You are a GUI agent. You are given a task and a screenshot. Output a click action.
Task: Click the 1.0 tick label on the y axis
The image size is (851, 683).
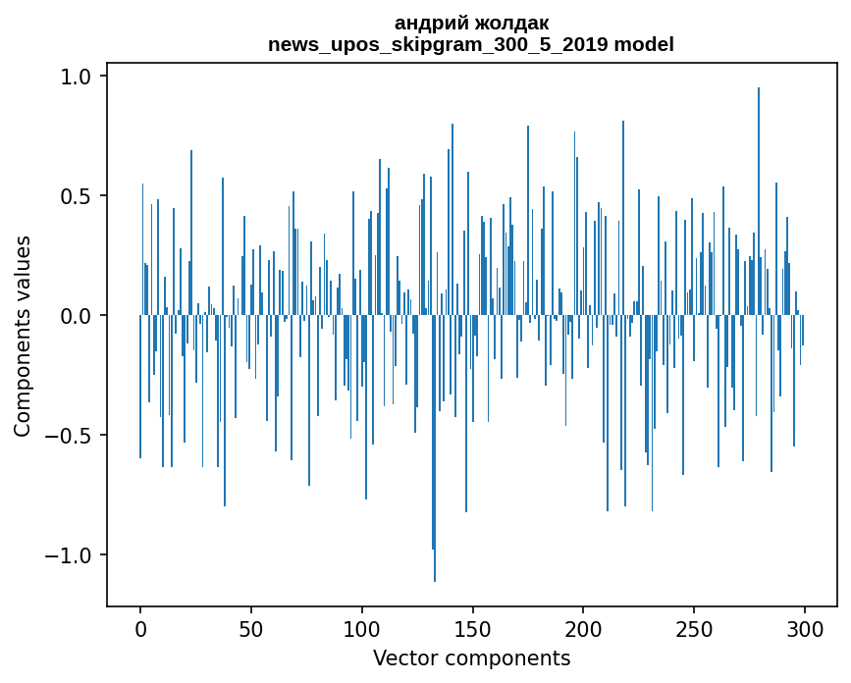click(x=78, y=77)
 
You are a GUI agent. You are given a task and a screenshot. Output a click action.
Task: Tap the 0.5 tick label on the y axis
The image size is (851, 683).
click(x=78, y=196)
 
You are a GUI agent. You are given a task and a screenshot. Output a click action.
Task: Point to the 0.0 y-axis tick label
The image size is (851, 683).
click(x=78, y=316)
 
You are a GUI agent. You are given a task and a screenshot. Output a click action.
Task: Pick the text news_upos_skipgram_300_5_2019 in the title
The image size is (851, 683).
click(x=433, y=44)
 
